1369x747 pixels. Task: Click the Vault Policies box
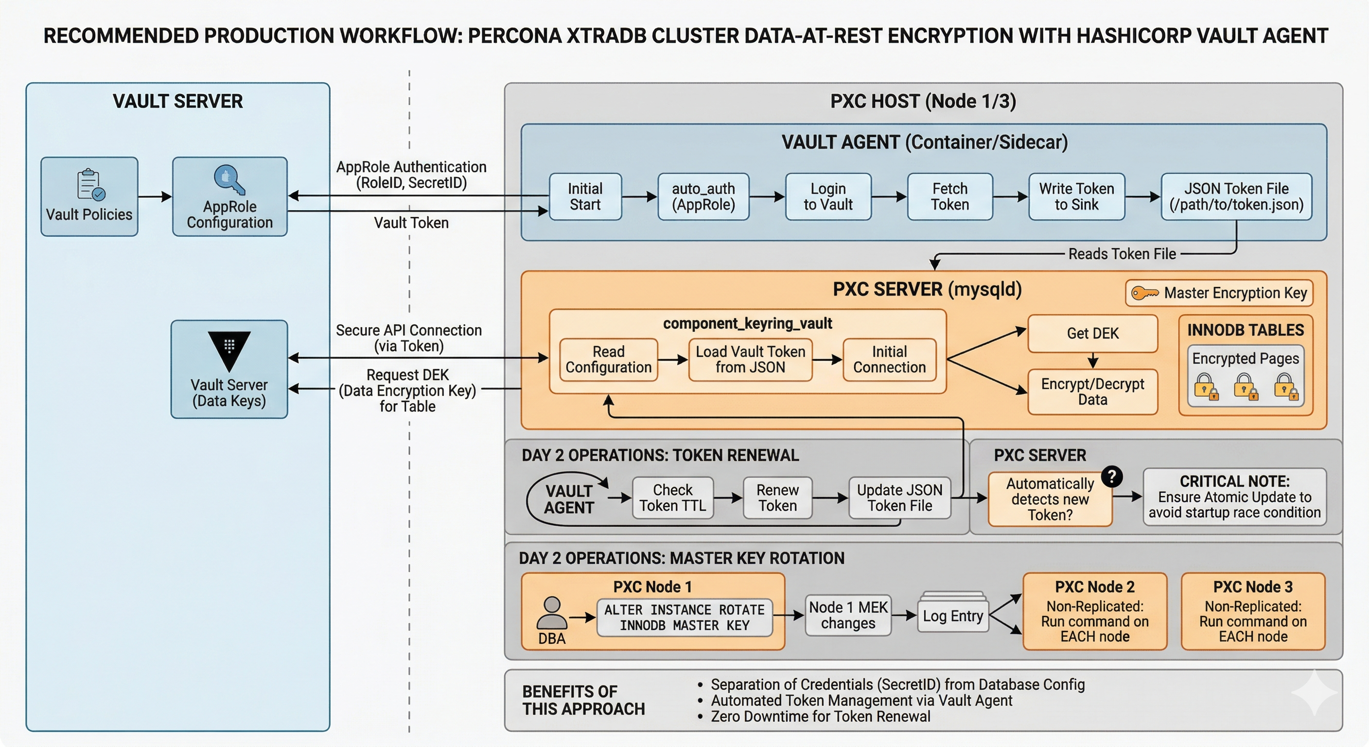click(x=89, y=196)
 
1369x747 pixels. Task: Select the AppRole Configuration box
click(x=229, y=196)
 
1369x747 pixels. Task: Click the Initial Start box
click(x=585, y=196)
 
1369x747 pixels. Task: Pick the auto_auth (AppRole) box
click(x=703, y=196)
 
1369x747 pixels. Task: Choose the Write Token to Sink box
click(x=1076, y=196)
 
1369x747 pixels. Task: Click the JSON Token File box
click(x=1236, y=196)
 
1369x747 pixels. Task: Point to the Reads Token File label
click(x=1122, y=254)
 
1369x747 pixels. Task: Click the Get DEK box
click(x=1093, y=333)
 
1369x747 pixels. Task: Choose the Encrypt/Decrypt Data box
click(x=1093, y=391)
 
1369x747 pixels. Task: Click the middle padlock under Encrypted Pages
click(x=1246, y=386)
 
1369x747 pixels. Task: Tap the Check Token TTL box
click(x=672, y=498)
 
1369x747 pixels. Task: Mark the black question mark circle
click(x=1112, y=477)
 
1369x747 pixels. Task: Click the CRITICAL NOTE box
click(x=1234, y=497)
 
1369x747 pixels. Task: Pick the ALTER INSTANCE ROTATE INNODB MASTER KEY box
click(x=684, y=617)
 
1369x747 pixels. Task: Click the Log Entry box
click(x=952, y=616)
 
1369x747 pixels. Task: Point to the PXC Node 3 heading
click(x=1253, y=587)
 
